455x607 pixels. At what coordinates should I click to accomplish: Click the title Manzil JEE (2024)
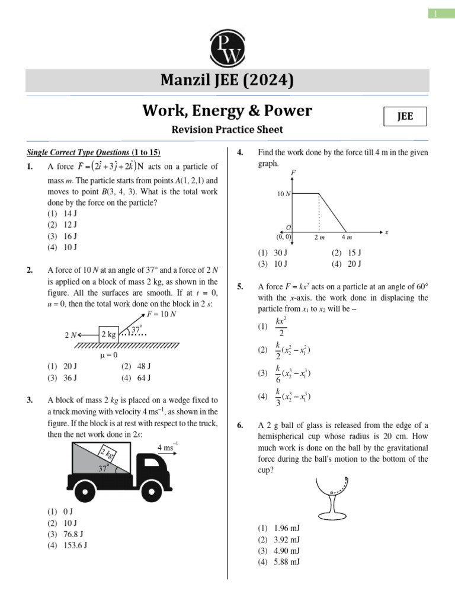tap(227, 81)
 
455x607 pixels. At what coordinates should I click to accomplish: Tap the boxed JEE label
tap(405, 117)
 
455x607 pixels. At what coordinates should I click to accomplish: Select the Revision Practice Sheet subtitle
tap(227, 130)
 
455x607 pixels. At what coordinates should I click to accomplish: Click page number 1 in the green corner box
tap(437, 14)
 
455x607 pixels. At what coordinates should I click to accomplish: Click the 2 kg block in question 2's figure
tap(108, 334)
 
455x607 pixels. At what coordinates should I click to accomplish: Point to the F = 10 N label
tap(161, 314)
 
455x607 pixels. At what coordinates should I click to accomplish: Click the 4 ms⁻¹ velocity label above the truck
tap(168, 446)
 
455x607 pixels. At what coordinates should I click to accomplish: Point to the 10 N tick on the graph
tap(283, 194)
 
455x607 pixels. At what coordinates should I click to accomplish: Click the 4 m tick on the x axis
tap(347, 238)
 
